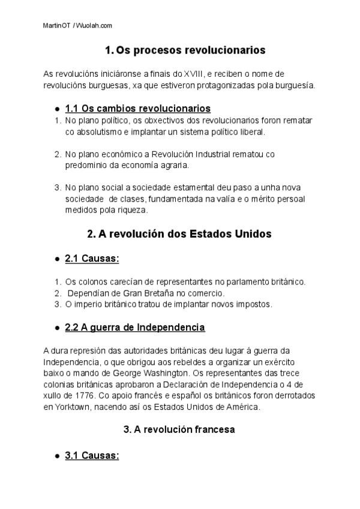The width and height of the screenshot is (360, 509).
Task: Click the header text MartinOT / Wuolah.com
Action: point(78,26)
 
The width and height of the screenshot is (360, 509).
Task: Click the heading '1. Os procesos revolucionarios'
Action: point(185,50)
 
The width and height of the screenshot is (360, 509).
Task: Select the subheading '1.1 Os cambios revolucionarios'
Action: point(137,109)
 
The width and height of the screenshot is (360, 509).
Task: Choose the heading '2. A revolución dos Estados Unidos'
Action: point(179,234)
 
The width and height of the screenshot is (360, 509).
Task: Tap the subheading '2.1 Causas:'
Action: point(92,258)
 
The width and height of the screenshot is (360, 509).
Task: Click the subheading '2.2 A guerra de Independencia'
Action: point(135,327)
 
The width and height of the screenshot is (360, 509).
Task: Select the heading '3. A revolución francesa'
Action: point(179,430)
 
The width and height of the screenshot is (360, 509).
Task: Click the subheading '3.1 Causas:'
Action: point(92,456)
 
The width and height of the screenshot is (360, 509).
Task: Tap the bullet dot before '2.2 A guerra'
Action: point(56,328)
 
